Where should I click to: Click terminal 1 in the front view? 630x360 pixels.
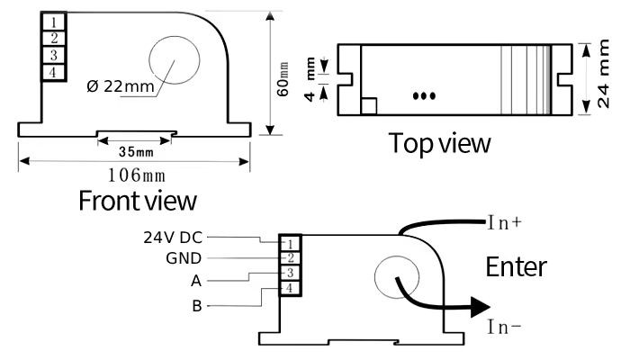pyautogui.click(x=55, y=21)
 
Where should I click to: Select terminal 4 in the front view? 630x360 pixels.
pyautogui.click(x=55, y=72)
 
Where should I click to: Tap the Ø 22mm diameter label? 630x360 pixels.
pyautogui.click(x=121, y=87)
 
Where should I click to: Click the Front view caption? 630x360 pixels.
pyautogui.click(x=137, y=199)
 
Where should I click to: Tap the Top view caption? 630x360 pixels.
pyautogui.click(x=440, y=142)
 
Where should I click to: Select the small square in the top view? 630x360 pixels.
pyautogui.click(x=368, y=106)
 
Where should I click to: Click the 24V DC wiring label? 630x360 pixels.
pyautogui.click(x=173, y=238)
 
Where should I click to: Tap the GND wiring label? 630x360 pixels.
pyautogui.click(x=184, y=259)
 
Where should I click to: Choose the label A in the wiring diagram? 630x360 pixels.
pyautogui.click(x=195, y=281)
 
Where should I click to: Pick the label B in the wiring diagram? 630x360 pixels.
pyautogui.click(x=196, y=306)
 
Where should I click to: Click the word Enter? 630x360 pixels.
pyautogui.click(x=516, y=267)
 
